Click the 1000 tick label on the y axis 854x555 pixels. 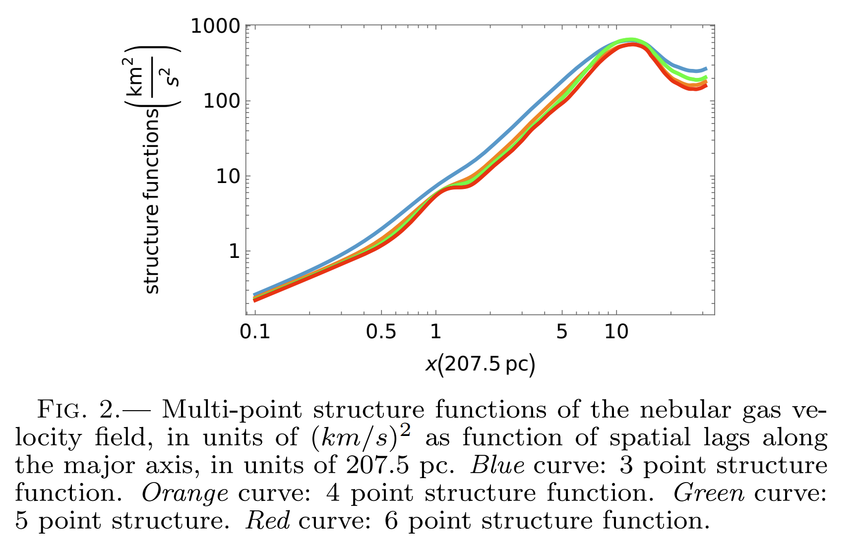[x=215, y=26]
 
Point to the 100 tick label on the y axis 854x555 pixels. [x=222, y=101]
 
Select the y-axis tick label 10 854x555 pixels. [x=228, y=177]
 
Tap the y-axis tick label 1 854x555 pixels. [x=234, y=251]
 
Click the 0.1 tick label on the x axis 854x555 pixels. [x=255, y=331]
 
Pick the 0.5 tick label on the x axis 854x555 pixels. [x=381, y=331]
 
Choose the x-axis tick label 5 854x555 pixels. [x=561, y=331]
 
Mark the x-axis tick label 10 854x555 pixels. [x=616, y=331]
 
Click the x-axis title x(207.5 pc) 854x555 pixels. [x=480, y=365]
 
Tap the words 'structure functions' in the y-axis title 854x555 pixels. [x=151, y=201]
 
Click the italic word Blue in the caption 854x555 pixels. [x=497, y=466]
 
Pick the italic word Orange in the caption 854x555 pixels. [x=185, y=493]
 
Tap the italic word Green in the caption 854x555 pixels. [x=709, y=493]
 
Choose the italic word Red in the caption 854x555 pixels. [x=267, y=521]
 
